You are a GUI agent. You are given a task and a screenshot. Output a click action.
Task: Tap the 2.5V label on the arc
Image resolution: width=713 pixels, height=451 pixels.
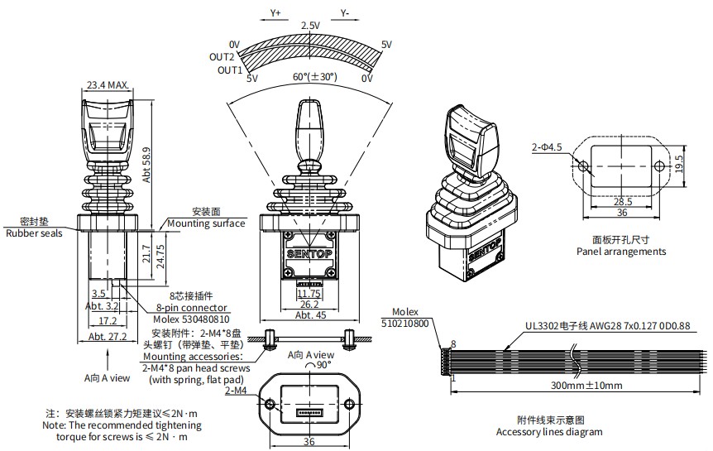(x=310, y=26)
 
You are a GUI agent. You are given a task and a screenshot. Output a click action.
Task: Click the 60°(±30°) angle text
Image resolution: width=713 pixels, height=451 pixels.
(x=315, y=77)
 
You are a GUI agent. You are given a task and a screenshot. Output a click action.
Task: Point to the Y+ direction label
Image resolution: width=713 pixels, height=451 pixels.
(x=275, y=14)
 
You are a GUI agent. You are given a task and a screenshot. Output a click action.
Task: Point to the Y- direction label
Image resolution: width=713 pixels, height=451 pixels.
(x=345, y=14)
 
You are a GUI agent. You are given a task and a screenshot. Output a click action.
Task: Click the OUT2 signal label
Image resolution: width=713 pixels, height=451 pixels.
(x=222, y=57)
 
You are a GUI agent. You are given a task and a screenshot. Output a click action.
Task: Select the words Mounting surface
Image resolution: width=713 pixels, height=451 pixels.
(x=206, y=223)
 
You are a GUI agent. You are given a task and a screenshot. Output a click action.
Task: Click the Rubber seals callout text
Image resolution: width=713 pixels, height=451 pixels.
(x=34, y=233)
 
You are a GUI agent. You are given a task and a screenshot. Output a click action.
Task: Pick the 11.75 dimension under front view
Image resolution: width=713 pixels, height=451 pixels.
(x=309, y=293)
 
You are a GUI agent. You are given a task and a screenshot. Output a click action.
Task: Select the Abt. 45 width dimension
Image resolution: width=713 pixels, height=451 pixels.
(x=309, y=314)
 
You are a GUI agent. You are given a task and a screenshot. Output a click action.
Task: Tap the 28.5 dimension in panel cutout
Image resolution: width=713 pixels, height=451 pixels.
(x=623, y=201)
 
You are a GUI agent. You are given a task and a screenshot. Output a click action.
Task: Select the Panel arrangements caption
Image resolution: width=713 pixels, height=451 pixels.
(x=621, y=252)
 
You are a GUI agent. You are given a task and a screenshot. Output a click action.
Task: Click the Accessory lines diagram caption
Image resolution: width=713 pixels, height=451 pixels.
(x=549, y=431)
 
